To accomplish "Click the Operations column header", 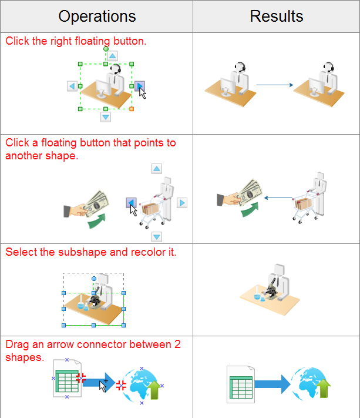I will (97, 16).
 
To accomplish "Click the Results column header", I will (276, 16).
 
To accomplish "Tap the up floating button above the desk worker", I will (112, 56).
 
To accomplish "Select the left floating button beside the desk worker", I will (72, 86).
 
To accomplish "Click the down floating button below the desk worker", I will (106, 117).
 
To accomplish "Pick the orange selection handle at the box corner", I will (132, 109).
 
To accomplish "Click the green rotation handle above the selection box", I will (106, 49).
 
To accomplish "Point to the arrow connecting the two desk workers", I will (274, 86).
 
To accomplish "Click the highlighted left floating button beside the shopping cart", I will (132, 203).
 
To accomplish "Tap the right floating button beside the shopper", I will (182, 203).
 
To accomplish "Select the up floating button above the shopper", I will (156, 169).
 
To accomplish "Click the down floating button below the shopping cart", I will (156, 237).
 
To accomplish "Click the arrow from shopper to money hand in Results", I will (278, 198).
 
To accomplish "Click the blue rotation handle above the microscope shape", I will (93, 278).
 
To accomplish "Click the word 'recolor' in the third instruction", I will (146, 252).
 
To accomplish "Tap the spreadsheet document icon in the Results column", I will (240, 384).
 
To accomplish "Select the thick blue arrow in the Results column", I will (272, 384).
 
